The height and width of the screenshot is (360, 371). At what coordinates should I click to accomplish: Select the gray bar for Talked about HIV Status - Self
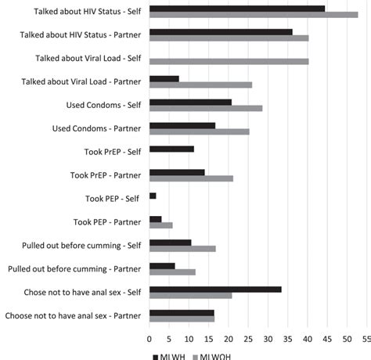point(253,15)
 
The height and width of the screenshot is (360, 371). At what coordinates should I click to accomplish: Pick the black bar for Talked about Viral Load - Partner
point(164,78)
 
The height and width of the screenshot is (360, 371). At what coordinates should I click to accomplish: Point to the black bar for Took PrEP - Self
point(171,148)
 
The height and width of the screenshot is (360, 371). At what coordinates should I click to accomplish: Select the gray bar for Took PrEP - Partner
point(191,178)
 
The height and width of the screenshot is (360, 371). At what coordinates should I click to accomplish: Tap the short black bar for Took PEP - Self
point(153,196)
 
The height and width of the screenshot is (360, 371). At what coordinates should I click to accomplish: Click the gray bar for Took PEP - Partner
point(160,225)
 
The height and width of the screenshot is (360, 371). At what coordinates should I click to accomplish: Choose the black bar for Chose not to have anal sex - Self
point(215,290)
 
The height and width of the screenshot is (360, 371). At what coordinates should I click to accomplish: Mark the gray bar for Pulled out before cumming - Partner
point(172,272)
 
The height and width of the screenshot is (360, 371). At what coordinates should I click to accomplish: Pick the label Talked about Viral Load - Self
point(88,58)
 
